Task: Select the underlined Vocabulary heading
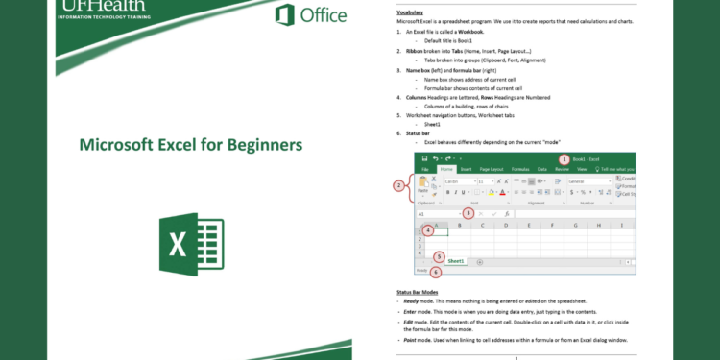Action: [412, 12]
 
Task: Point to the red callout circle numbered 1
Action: [564, 158]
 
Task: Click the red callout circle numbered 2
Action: [398, 185]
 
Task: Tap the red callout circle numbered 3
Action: [468, 213]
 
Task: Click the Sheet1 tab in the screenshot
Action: [455, 261]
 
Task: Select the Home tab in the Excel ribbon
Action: [445, 169]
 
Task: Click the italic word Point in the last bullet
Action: [408, 340]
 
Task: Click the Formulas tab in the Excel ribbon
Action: [521, 169]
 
